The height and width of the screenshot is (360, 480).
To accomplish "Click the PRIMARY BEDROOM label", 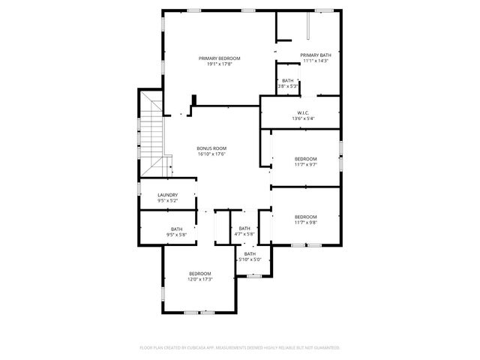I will tap(219, 58).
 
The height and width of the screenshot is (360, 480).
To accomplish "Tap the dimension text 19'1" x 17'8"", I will tap(219, 64).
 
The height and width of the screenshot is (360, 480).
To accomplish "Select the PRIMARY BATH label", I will tap(315, 55).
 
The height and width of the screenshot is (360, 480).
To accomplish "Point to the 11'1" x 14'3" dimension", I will tap(315, 60).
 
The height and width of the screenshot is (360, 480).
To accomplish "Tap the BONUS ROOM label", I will tap(211, 148).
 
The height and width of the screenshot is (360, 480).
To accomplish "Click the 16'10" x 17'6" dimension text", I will tap(211, 154).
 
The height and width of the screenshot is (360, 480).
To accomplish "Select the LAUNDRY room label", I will tap(167, 195).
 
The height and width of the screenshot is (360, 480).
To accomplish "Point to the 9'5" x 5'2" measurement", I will tap(167, 200).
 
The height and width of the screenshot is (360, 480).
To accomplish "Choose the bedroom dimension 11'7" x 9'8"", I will tap(305, 222).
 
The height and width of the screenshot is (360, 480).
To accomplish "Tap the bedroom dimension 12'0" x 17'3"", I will tap(199, 279).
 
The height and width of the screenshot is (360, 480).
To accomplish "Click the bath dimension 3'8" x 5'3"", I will tap(288, 86).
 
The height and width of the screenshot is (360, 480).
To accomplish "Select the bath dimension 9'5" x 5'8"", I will tap(176, 235).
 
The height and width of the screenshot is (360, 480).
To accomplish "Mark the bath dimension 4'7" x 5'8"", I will tap(244, 234).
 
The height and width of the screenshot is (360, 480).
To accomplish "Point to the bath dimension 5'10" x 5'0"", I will tap(250, 259).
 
